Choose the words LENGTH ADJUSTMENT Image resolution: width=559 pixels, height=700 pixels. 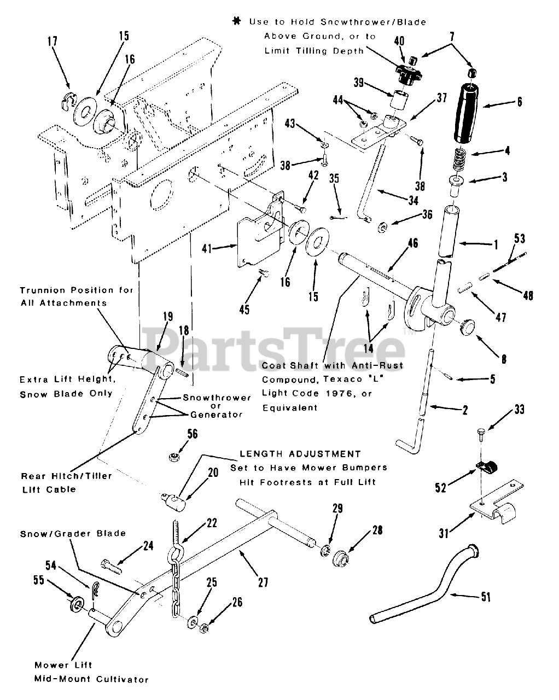(x=300, y=454)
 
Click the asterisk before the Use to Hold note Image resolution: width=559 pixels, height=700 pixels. (x=236, y=22)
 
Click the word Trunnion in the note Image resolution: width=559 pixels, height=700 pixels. (x=41, y=290)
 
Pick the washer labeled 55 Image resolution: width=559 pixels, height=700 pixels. (x=75, y=605)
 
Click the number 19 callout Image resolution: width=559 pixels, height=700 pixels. (x=167, y=316)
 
